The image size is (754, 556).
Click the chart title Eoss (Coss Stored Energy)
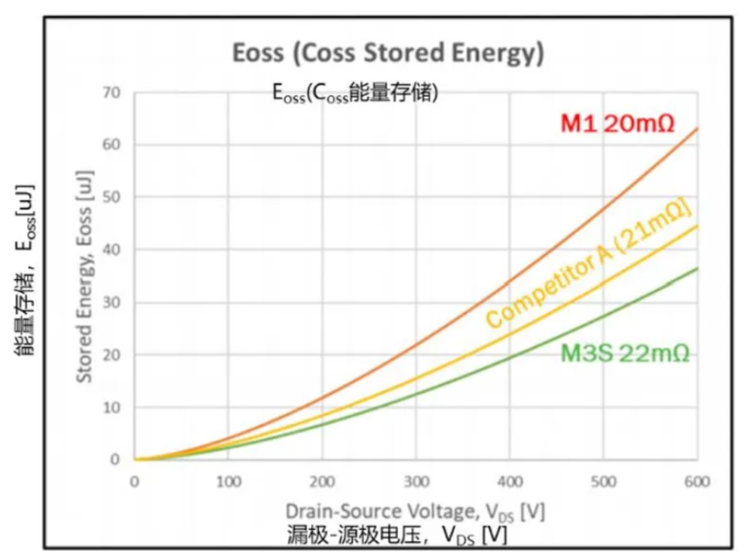coord(388,54)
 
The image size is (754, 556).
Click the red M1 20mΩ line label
coord(617,123)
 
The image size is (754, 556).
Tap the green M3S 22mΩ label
coord(625,353)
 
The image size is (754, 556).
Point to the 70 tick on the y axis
coord(111,92)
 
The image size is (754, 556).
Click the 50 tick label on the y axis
coord(111,197)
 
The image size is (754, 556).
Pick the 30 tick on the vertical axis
coord(111,302)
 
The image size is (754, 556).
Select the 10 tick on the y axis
coord(111,407)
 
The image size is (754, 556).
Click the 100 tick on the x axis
coord(228,481)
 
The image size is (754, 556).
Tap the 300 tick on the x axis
coord(416,481)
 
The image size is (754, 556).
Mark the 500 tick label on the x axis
coord(603,481)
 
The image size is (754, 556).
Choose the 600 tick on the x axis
coord(697,481)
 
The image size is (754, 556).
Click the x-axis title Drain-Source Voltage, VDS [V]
coord(415,511)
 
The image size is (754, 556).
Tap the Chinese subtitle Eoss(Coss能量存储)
coord(355,94)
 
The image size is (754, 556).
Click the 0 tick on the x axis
coord(134,481)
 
